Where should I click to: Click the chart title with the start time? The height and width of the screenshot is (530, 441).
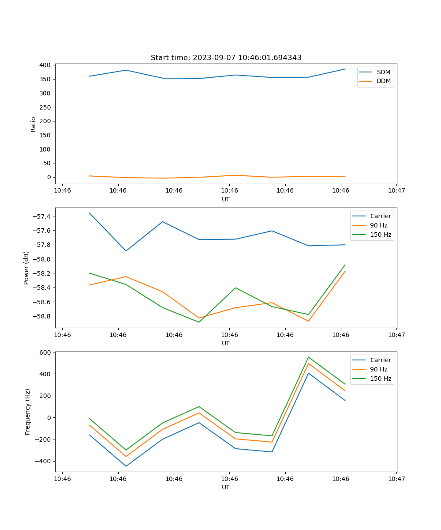[226, 58]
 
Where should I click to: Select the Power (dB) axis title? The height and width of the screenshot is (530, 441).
[26, 268]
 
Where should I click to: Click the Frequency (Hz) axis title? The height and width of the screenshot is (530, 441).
[27, 412]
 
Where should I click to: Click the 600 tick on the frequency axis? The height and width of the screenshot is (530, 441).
[45, 352]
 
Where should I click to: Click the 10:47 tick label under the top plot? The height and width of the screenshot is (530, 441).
[396, 191]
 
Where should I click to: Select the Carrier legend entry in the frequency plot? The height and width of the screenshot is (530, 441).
[380, 360]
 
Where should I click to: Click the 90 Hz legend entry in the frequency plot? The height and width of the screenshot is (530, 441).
[378, 369]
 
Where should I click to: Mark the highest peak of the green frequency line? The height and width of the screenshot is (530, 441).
[308, 357]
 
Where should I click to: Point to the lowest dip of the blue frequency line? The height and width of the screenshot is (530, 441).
[126, 466]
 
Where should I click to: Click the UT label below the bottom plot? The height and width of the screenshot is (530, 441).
[226, 487]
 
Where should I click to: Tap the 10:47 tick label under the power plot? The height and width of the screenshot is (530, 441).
[396, 335]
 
